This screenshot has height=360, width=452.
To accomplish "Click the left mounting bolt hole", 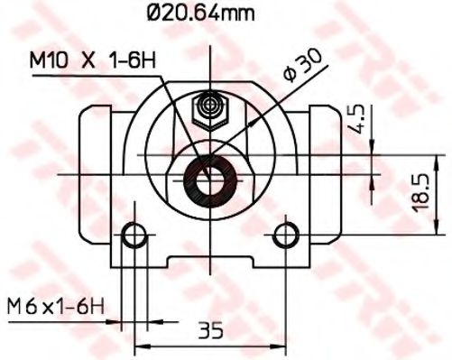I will pos(135,236).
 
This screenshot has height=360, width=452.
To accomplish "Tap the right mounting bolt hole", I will pos(286,236).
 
